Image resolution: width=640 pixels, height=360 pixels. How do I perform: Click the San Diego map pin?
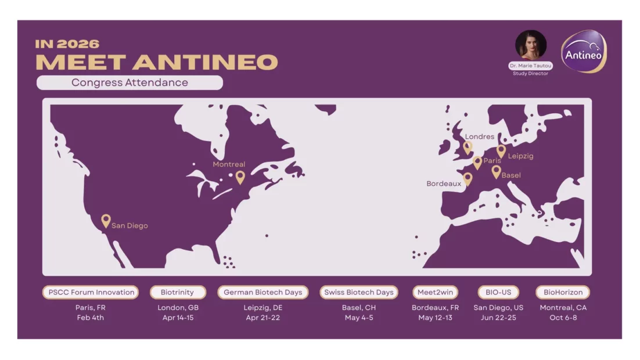106,221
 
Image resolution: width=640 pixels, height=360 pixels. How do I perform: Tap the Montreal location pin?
240,177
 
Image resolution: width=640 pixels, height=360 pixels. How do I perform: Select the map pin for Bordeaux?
468,179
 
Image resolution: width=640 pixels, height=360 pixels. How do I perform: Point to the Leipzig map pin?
501,151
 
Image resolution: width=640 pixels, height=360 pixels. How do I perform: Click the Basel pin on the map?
496,172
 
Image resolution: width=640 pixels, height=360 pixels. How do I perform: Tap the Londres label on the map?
480,137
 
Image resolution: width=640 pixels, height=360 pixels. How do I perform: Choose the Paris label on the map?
492,161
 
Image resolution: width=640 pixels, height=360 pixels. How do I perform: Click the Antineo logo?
584,52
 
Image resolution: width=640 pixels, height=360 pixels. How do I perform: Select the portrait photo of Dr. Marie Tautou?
531,45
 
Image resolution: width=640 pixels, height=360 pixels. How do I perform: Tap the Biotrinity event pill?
178,292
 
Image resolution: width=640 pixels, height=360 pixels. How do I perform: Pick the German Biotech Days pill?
263,292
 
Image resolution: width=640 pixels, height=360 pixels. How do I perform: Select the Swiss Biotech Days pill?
359,292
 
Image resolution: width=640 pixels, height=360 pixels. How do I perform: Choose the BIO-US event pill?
498,292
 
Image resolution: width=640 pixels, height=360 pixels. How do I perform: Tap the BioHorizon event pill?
563,292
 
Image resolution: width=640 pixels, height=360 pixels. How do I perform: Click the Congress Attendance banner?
130,82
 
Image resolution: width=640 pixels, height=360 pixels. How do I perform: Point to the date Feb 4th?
91,318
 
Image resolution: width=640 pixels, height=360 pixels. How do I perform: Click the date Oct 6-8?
563,318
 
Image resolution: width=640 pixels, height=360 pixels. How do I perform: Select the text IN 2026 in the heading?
67,44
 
